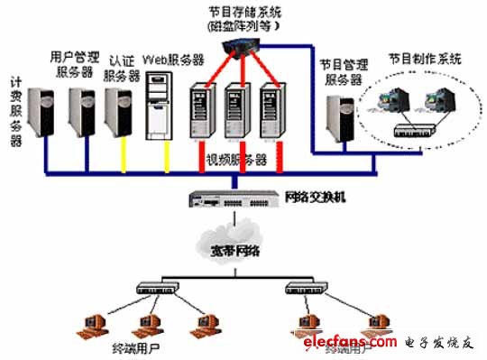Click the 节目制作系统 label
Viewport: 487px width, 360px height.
point(424,58)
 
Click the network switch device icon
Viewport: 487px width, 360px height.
point(234,198)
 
